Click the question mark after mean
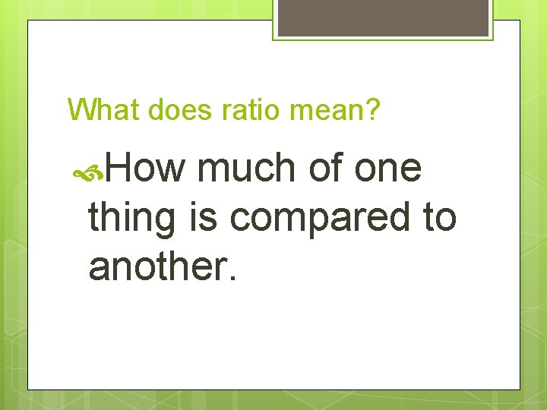[x=372, y=110]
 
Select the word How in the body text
[x=144, y=168]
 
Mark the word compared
[x=318, y=218]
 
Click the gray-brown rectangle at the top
[x=383, y=17]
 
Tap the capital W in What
[x=81, y=110]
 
